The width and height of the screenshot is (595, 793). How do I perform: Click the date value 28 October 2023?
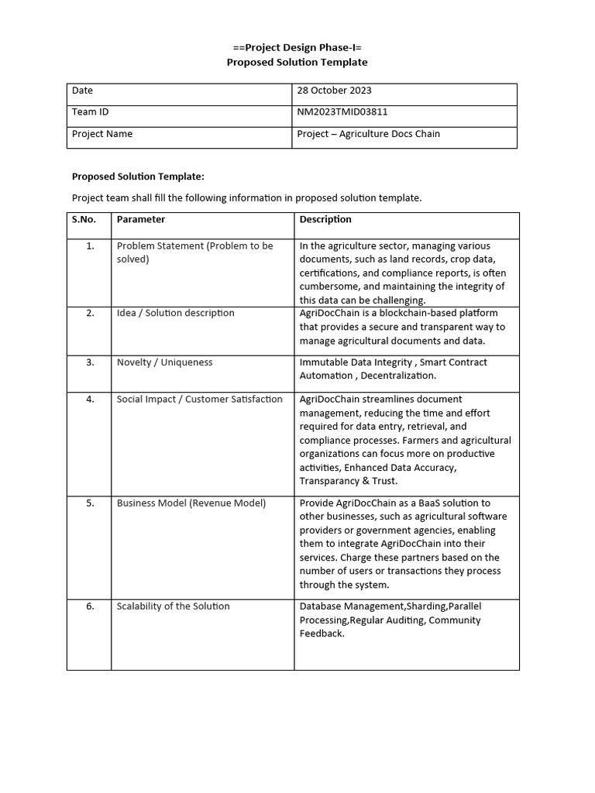334,91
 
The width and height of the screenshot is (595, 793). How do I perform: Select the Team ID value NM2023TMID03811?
342,112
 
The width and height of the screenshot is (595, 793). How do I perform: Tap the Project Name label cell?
102,134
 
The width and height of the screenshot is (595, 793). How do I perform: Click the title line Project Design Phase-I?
297,47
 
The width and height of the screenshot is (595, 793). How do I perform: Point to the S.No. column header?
84,219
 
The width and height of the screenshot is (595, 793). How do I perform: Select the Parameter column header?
141,219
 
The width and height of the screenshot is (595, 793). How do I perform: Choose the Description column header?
325,219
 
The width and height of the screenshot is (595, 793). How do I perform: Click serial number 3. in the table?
90,362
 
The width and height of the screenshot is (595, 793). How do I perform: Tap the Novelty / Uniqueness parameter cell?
164,362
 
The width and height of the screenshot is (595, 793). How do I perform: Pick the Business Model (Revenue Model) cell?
191,503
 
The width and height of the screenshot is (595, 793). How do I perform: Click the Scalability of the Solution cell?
173,606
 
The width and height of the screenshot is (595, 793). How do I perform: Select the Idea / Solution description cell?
175,313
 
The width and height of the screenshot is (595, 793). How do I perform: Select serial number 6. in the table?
90,606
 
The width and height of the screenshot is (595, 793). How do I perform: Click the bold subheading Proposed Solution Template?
138,177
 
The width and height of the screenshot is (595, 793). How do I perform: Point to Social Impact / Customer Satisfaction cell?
200,400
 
